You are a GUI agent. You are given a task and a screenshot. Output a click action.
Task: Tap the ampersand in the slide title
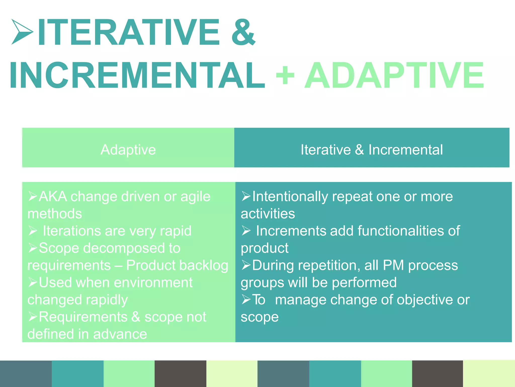[x=243, y=32]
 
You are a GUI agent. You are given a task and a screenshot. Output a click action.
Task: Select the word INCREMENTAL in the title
[x=137, y=75]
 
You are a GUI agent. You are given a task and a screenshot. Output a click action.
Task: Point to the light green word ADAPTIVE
[x=394, y=75]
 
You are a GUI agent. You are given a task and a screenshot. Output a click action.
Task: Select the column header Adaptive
[x=128, y=150]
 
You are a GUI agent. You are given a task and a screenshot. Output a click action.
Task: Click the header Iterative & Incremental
[x=372, y=150]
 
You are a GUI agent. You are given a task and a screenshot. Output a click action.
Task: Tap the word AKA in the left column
[x=53, y=197]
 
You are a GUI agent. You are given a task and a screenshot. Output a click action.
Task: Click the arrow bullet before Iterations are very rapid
[x=33, y=231]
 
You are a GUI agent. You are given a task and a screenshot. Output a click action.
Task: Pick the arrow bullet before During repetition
[x=246, y=265]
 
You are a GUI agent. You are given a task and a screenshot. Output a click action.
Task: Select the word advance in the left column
[x=120, y=334]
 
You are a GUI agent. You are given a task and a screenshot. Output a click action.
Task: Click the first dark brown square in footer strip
[x=180, y=373]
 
